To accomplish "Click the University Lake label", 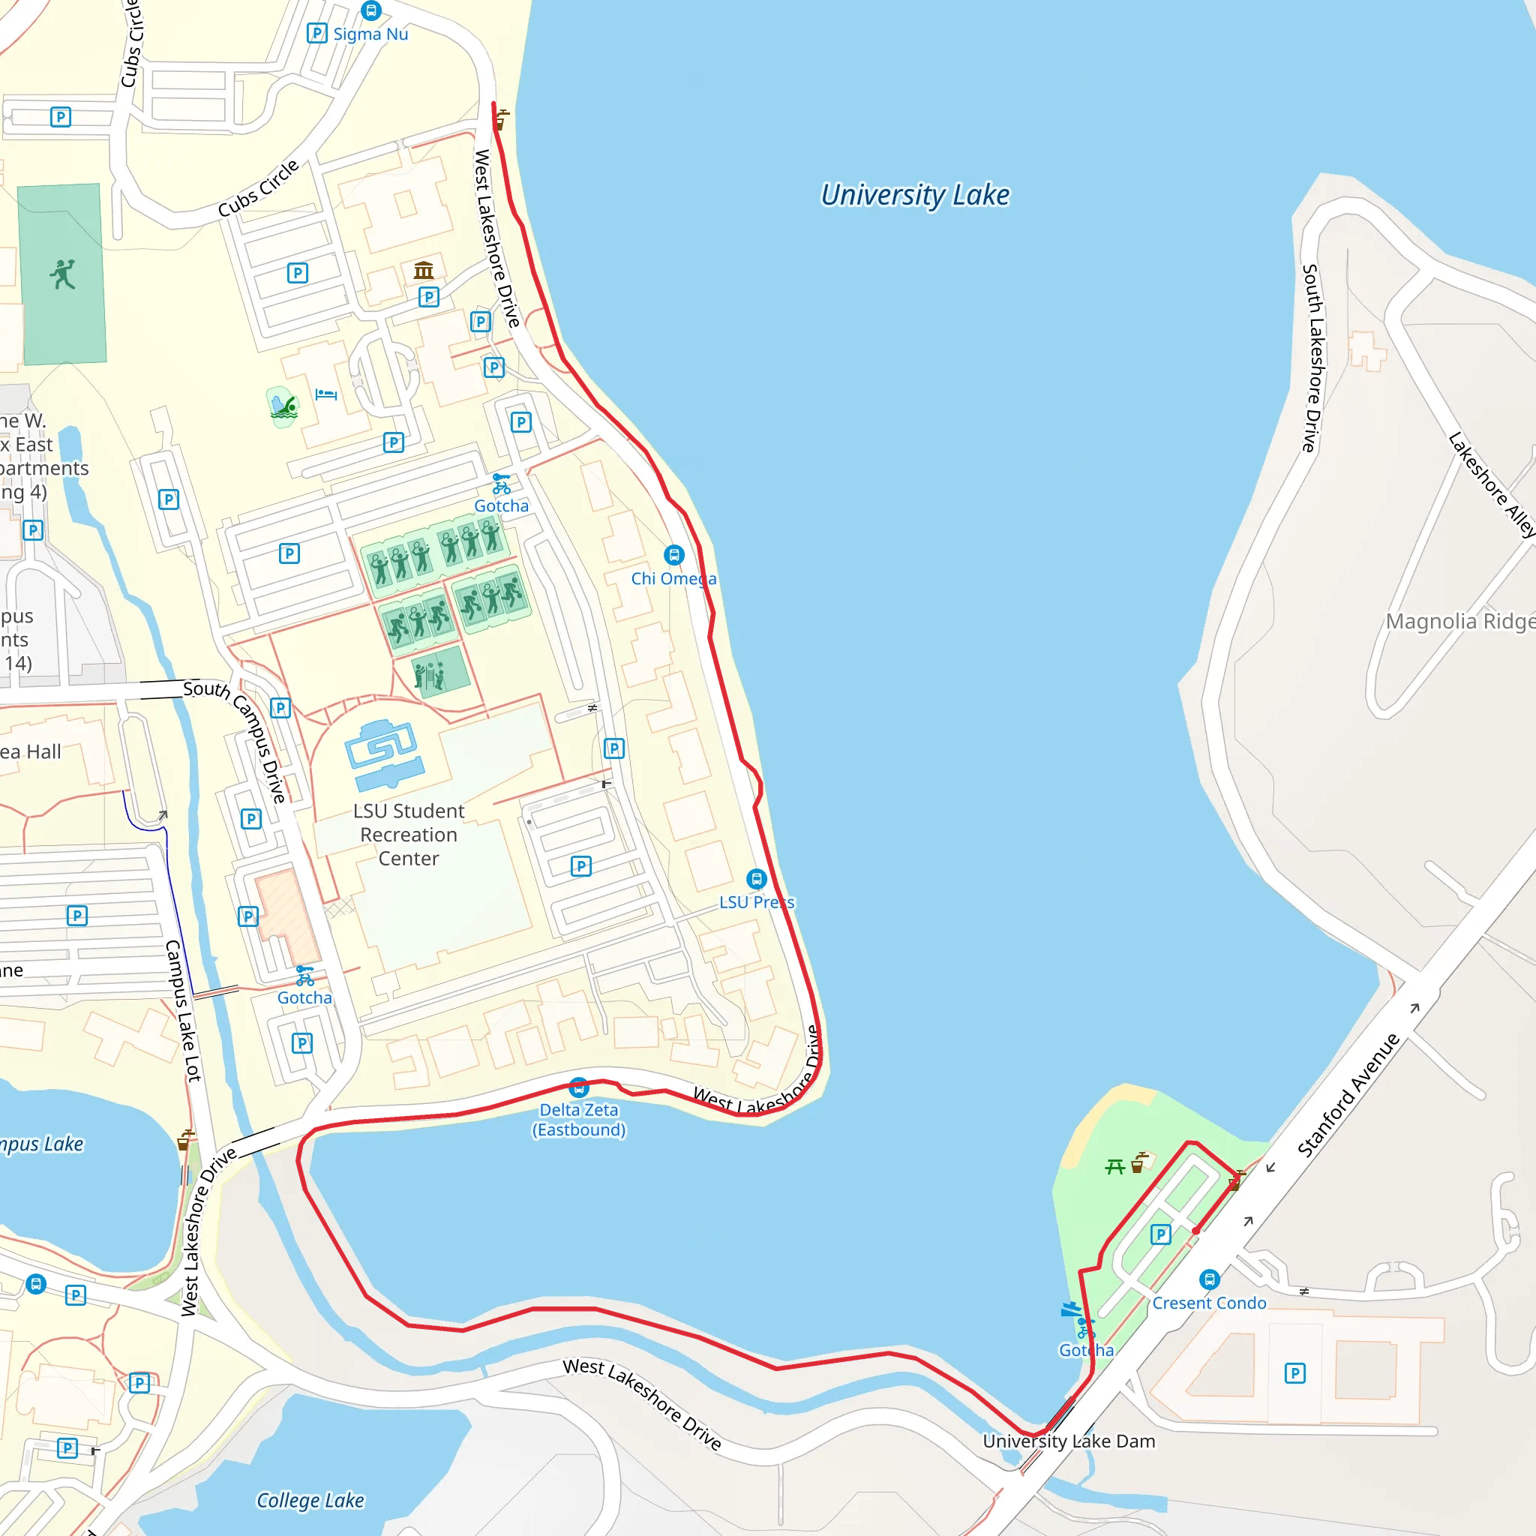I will pyautogui.click(x=914, y=195).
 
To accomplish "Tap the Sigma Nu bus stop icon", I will pyautogui.click(x=371, y=10).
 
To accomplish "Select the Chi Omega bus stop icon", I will pyautogui.click(x=674, y=554).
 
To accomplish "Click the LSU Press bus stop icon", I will pyautogui.click(x=756, y=878).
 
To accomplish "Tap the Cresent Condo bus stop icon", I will pyautogui.click(x=1209, y=1279).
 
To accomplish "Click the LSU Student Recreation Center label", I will pyautogui.click(x=409, y=834).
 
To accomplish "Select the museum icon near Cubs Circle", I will pyautogui.click(x=424, y=270).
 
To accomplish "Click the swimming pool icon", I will pyautogui.click(x=283, y=407).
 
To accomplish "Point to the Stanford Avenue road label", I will pyautogui.click(x=1348, y=1095).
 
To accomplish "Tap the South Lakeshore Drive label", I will pyautogui.click(x=1312, y=358).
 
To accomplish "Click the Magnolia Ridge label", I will pyautogui.click(x=1459, y=621).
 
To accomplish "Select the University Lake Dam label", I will pyautogui.click(x=1069, y=1441).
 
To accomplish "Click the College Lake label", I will pyautogui.click(x=310, y=1500).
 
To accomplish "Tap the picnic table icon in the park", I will pyautogui.click(x=1114, y=1166).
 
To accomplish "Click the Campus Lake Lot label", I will pyautogui.click(x=183, y=1010).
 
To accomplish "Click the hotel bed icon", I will pyautogui.click(x=326, y=394).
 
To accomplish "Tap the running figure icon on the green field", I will pyautogui.click(x=63, y=274).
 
